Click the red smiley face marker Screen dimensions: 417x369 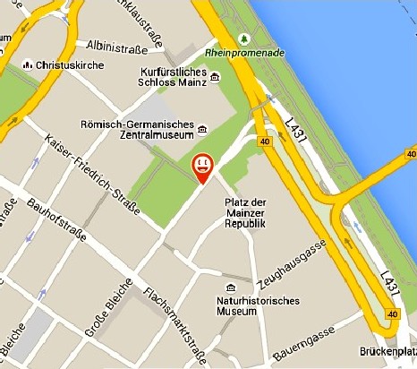click(203, 165)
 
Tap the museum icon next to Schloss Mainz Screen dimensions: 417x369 click(217, 80)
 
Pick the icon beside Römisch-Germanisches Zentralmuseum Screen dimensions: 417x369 click(203, 127)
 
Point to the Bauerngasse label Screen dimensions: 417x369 click(310, 339)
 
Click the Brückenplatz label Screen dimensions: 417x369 click(387, 353)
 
